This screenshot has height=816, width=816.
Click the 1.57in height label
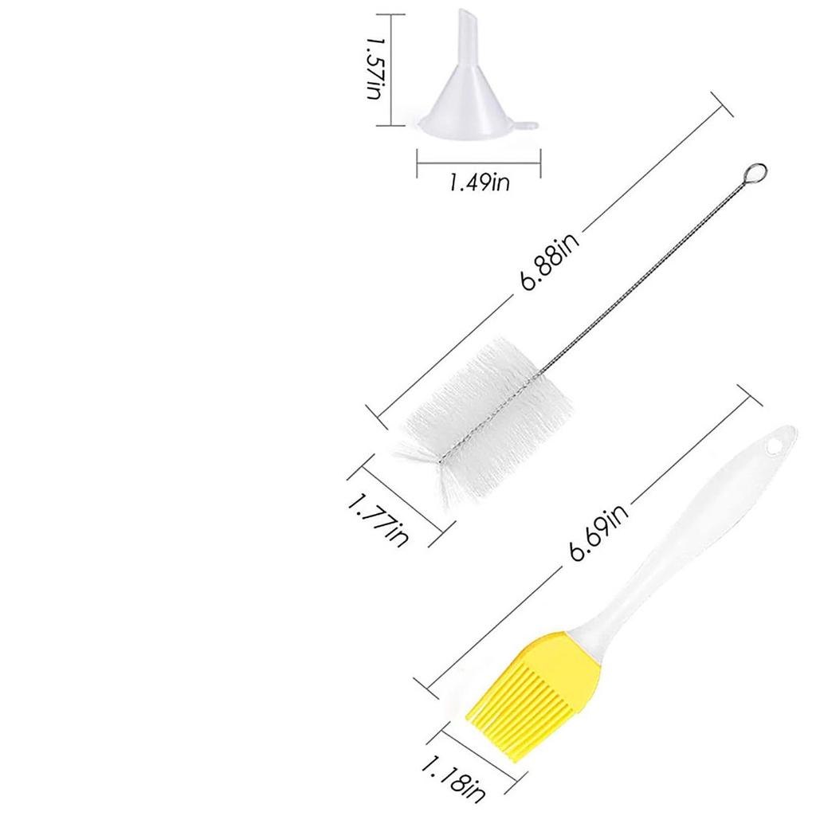pos(375,69)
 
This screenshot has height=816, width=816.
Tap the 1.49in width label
pos(479,182)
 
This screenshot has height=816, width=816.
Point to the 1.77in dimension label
pos(378,520)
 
